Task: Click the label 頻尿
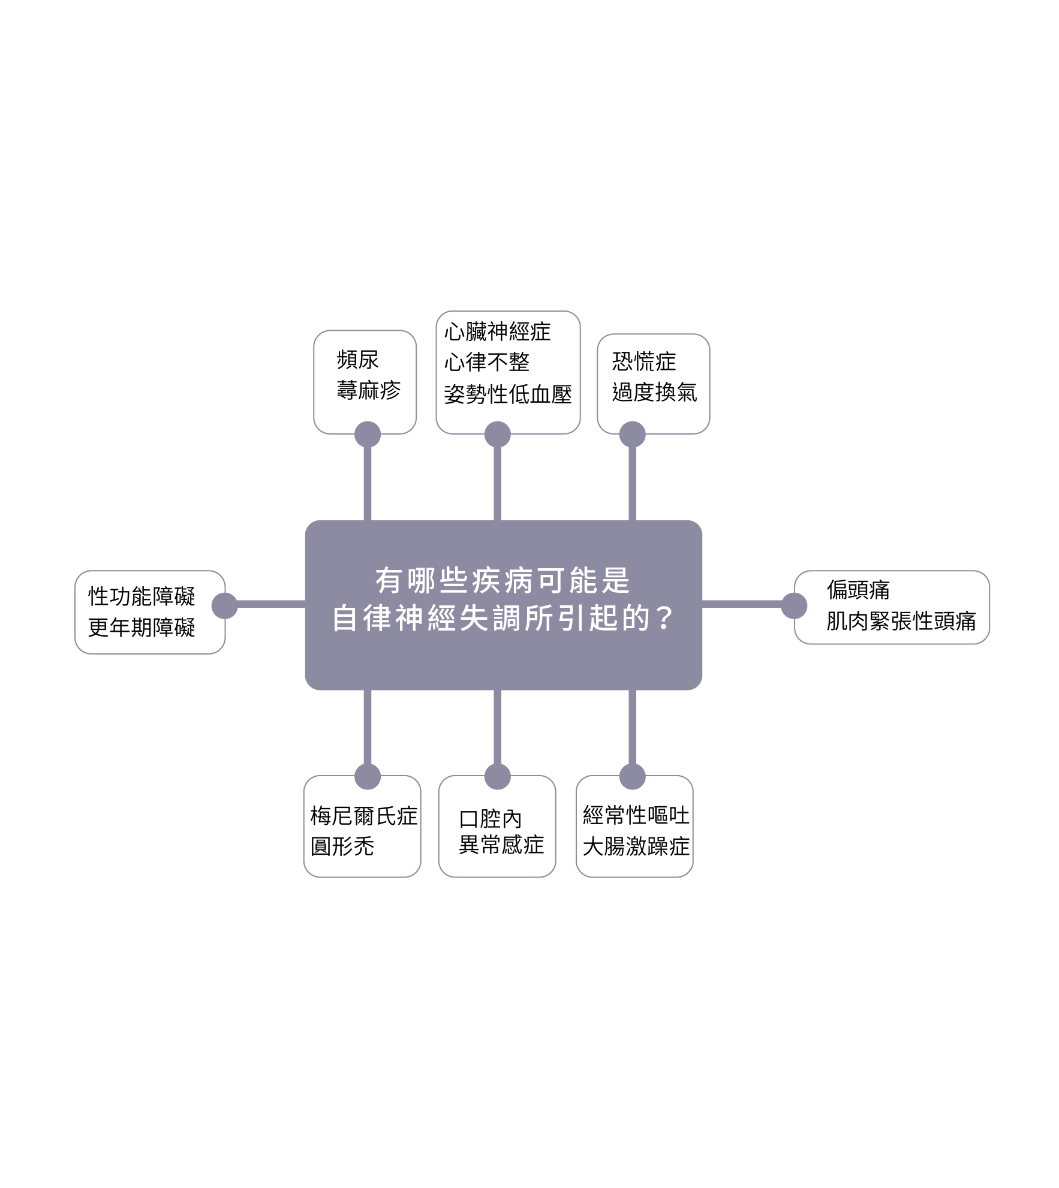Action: (357, 360)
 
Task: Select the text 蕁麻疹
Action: (368, 390)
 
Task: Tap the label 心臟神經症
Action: (497, 331)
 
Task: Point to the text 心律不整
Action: (486, 362)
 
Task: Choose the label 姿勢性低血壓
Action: (507, 394)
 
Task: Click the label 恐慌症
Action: (643, 361)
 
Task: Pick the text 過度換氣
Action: (654, 393)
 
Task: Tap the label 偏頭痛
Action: (858, 590)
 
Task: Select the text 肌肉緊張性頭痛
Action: (901, 621)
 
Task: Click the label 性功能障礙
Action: (142, 596)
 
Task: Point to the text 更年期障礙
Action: (142, 628)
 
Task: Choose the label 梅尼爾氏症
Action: (363, 816)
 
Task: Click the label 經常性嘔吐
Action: (636, 815)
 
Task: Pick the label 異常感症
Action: (501, 845)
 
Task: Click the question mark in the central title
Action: (663, 618)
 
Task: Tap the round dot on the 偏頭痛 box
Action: (794, 605)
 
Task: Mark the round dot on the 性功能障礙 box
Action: (225, 605)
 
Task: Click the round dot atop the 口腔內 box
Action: (497, 777)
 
